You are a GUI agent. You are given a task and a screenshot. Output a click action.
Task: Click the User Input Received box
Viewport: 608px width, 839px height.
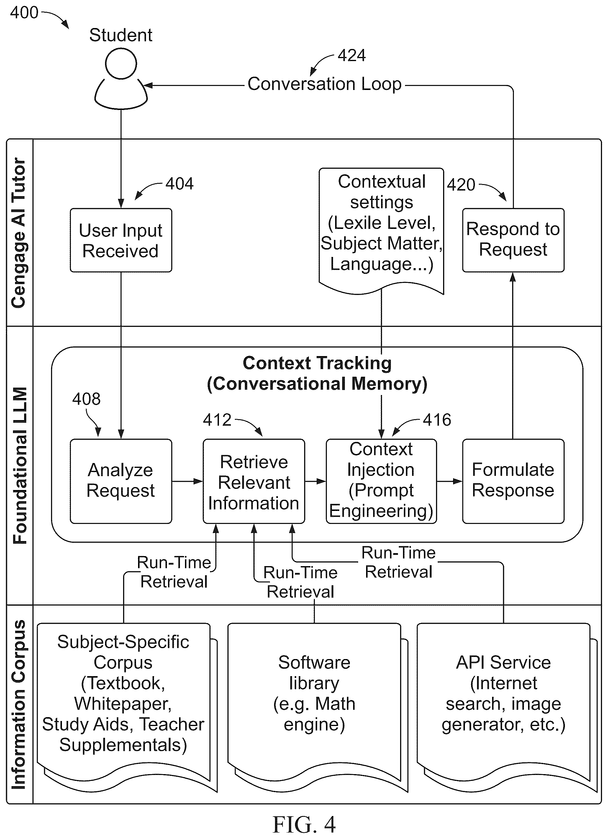pos(121,240)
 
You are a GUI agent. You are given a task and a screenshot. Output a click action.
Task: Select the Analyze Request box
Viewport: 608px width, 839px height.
pos(121,481)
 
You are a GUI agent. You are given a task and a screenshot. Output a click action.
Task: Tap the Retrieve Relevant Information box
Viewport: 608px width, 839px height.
pos(254,481)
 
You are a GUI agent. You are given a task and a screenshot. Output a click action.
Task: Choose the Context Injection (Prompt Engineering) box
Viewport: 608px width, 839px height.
pos(381,481)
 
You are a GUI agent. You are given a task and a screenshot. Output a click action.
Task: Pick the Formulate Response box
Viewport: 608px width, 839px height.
pos(513,481)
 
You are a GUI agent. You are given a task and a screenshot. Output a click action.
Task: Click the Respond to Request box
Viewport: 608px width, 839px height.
pos(513,240)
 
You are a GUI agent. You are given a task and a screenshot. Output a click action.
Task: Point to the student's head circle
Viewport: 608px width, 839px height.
pos(121,64)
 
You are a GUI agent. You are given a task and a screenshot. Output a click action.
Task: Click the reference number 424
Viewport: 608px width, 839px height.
pos(352,55)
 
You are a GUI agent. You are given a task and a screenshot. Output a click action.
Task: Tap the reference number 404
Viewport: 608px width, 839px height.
pos(179,183)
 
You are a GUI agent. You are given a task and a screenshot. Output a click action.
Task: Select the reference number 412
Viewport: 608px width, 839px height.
pos(217,420)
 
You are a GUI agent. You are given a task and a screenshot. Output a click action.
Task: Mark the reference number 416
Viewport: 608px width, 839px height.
pos(437,420)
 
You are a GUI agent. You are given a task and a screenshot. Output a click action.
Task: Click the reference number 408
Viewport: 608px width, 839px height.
pos(86,399)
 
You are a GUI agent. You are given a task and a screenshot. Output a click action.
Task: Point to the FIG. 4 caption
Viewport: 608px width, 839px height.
pos(304,825)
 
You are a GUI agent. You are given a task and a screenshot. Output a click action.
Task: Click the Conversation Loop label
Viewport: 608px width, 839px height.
pos(324,84)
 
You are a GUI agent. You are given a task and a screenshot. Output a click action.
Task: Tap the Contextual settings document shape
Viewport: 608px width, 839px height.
pos(381,231)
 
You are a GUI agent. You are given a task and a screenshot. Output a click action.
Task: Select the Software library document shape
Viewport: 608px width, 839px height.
pos(317,707)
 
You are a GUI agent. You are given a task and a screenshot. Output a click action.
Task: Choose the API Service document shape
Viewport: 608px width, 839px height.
pos(507,707)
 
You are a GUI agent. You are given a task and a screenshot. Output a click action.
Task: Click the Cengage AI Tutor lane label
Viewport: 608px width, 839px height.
pos(19,233)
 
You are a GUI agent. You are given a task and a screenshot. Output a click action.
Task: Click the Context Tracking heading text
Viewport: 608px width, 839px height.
pos(317,373)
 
